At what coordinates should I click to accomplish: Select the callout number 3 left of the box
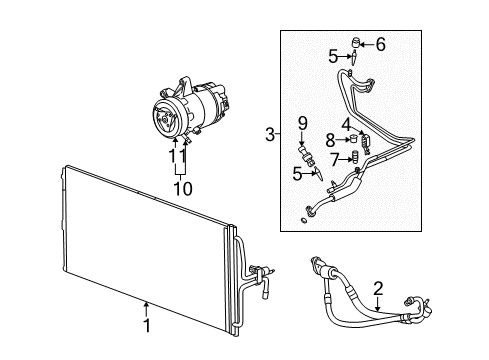[x=270, y=133]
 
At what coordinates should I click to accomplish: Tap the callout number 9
[x=301, y=123]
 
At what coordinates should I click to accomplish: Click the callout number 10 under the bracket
[x=182, y=187]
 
